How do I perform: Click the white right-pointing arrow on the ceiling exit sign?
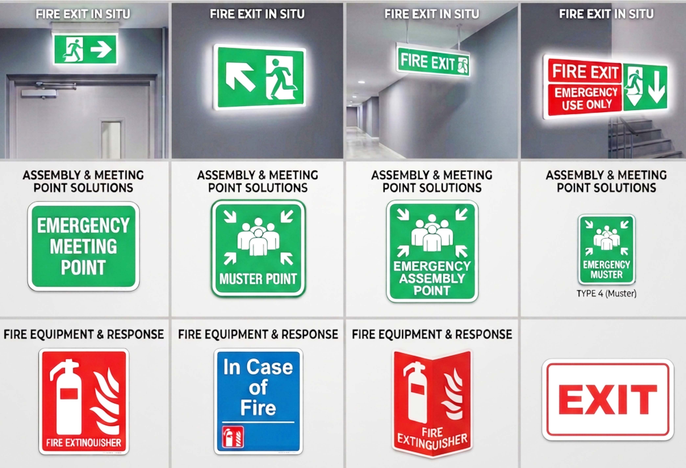[x=101, y=49]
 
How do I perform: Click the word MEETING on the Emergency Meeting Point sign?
[x=83, y=246]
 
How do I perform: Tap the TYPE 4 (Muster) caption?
[x=607, y=294]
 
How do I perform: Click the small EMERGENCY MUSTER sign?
[x=607, y=249]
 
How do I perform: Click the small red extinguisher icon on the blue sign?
[x=233, y=437]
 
